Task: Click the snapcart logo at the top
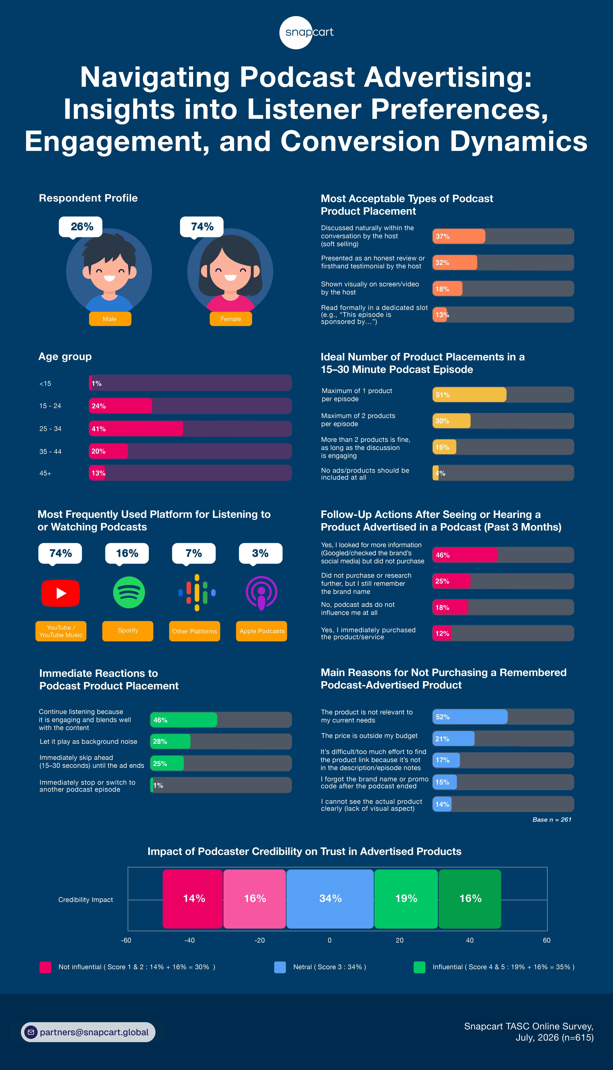pyautogui.click(x=306, y=32)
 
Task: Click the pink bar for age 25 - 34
pyautogui.click(x=136, y=429)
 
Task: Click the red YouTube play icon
pyautogui.click(x=61, y=593)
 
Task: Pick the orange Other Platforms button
pyautogui.click(x=194, y=631)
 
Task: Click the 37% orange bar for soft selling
pyautogui.click(x=459, y=236)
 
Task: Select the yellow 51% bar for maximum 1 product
pyautogui.click(x=470, y=394)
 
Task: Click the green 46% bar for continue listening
pyautogui.click(x=184, y=720)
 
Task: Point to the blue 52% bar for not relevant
pyautogui.click(x=470, y=716)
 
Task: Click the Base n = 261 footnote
pyautogui.click(x=552, y=819)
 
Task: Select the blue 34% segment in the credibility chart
pyautogui.click(x=330, y=898)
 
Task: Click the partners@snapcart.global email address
pyautogui.click(x=94, y=1032)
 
